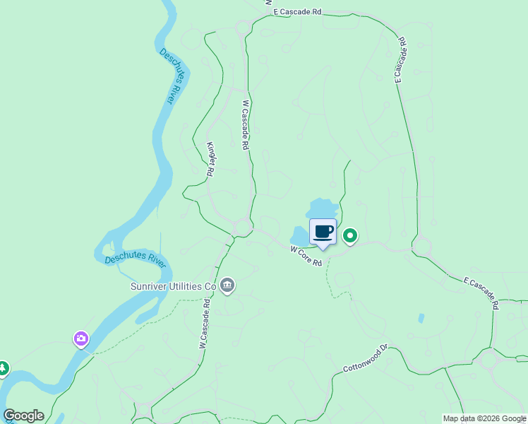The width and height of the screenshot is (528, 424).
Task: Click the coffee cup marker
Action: tap(323, 232)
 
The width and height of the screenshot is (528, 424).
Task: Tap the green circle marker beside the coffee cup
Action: tap(350, 235)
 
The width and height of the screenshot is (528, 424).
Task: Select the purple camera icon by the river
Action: tap(81, 339)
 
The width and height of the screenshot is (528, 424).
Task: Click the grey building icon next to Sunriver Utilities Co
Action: tap(227, 285)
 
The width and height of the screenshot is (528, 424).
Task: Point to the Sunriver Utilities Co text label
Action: tap(173, 286)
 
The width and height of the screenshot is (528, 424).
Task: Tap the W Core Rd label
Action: tap(306, 257)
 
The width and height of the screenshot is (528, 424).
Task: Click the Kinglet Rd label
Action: tap(210, 158)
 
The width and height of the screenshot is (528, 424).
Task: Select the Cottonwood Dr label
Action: tap(366, 359)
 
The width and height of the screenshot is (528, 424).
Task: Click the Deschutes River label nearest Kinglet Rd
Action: tap(167, 76)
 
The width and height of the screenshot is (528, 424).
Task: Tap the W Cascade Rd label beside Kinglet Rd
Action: tap(246, 124)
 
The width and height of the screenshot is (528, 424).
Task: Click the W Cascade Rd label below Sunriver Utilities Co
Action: tap(205, 324)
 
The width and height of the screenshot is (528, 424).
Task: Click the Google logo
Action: tap(23, 416)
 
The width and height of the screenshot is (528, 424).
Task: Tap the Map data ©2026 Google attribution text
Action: tap(484, 418)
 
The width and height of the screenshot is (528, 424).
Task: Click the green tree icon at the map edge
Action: tap(3, 368)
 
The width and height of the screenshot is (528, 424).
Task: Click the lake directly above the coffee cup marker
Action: tap(323, 208)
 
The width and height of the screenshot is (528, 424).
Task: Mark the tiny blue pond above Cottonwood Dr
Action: tap(421, 318)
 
